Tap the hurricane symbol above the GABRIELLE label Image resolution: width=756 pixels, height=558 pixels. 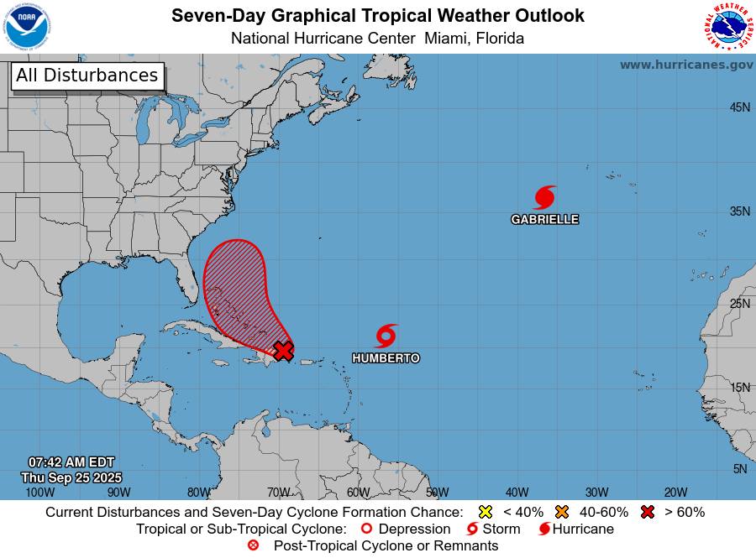click(544, 198)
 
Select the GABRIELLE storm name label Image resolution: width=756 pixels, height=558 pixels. click(544, 220)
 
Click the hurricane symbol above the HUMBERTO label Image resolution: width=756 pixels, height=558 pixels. click(386, 336)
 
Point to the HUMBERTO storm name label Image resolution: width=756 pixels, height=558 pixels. click(386, 358)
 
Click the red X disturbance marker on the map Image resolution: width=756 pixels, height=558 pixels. click(284, 350)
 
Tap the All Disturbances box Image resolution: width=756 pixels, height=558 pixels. click(87, 76)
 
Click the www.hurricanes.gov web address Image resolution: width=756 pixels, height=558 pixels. click(686, 65)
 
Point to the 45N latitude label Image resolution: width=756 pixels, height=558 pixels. click(739, 107)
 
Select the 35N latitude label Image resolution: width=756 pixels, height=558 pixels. click(739, 211)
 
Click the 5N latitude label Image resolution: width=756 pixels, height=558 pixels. click(739, 469)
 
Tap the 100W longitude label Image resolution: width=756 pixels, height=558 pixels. click(39, 493)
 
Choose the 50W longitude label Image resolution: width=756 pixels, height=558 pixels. click(437, 493)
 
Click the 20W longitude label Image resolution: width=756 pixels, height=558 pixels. click(675, 493)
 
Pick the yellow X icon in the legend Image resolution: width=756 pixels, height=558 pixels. click(485, 512)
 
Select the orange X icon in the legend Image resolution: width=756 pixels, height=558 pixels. click(562, 512)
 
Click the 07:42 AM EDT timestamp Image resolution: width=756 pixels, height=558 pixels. click(71, 462)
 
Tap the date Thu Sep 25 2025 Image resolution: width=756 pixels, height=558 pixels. click(71, 477)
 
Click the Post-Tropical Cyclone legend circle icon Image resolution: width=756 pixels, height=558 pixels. click(253, 545)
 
